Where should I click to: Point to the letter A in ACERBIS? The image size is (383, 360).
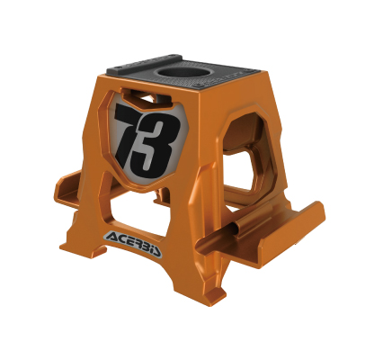tap(111, 237)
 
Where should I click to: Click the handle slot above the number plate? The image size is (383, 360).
tap(147, 98)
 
